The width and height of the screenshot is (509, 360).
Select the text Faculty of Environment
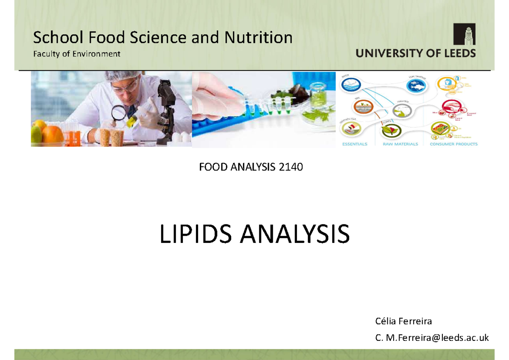[77, 54]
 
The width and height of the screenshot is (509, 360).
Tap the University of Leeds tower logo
[464, 34]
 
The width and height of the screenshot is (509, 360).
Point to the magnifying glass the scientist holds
[119, 113]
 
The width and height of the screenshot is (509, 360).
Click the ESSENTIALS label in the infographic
[355, 144]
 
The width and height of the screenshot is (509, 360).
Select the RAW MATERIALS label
[400, 144]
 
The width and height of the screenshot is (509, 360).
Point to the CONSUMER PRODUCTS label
[453, 144]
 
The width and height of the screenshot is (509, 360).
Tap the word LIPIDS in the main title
[196, 234]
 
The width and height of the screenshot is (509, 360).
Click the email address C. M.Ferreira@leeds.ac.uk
[432, 338]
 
